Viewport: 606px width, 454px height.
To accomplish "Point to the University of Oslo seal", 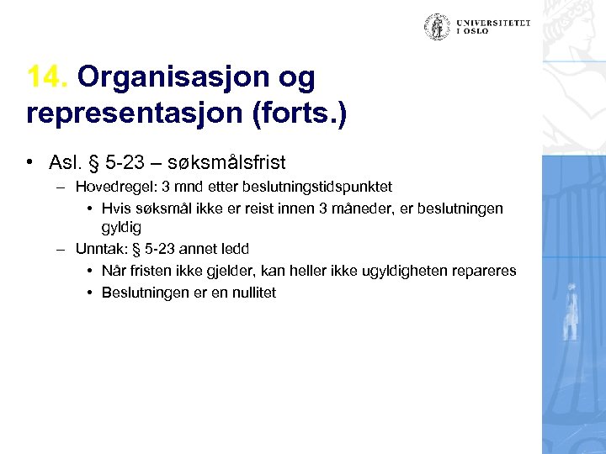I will (x=437, y=27).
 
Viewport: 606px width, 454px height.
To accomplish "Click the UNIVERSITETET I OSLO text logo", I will (x=494, y=27).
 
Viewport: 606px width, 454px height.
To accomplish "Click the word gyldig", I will (x=123, y=227).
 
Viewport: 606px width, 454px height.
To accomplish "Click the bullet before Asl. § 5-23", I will (x=30, y=161).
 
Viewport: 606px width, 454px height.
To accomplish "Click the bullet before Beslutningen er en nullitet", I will (x=89, y=293).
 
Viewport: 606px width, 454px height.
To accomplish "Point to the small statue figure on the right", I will (x=573, y=312).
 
